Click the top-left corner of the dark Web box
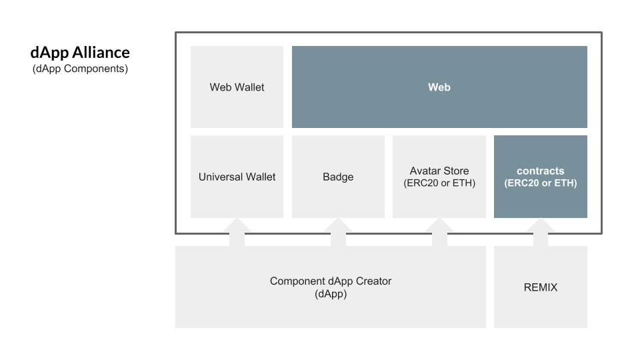click(292, 46)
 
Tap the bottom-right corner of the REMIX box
click(587, 328)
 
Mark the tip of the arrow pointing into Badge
click(339, 217)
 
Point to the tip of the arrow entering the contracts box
click(541, 217)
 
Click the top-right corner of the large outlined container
click(602, 32)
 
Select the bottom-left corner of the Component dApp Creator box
click(175, 328)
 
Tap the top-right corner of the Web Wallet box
click(283, 46)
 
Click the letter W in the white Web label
click(433, 87)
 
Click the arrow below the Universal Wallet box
click(237, 232)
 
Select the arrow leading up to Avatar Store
click(439, 232)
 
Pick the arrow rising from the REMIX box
click(541, 232)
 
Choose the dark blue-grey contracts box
click(541, 177)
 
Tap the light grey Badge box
click(339, 177)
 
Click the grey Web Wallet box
click(237, 87)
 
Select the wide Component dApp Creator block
click(331, 287)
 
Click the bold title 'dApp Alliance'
click(80, 53)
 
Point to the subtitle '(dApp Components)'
click(80, 69)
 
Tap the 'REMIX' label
click(541, 287)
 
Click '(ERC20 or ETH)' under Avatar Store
click(439, 183)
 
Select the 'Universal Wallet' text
click(237, 177)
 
